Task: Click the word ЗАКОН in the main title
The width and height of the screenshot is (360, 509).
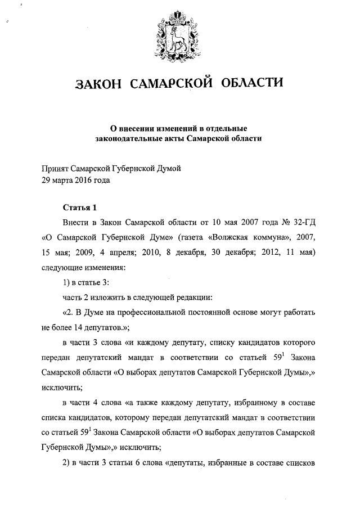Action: [98, 85]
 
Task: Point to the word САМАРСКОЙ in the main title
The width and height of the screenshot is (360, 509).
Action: [172, 84]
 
